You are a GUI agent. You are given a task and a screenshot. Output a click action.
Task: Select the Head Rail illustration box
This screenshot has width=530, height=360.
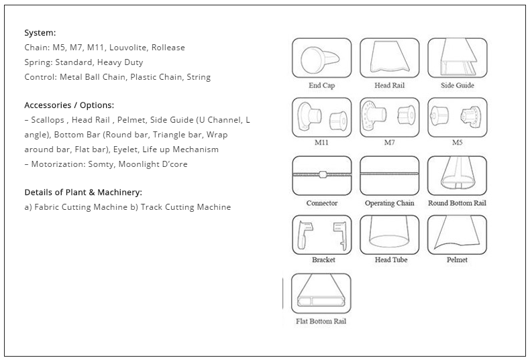[389, 58]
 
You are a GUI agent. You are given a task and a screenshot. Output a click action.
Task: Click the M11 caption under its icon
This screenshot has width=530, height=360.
[321, 143]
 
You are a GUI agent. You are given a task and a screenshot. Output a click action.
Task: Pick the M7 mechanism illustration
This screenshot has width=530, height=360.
[389, 117]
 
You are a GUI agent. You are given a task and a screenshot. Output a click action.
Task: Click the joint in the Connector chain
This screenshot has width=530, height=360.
[323, 174]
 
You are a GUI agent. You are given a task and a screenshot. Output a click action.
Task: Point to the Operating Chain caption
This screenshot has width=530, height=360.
[389, 203]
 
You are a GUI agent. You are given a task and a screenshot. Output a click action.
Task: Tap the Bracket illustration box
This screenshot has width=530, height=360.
[322, 235]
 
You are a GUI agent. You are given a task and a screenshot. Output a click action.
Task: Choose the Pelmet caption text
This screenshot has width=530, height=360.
[457, 259]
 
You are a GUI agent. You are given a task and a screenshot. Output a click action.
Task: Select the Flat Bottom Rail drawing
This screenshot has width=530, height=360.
[321, 294]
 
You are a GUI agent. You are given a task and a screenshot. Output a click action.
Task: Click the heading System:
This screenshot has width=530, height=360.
[40, 33]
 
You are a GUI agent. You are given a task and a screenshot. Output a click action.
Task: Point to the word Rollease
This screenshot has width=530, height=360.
[168, 48]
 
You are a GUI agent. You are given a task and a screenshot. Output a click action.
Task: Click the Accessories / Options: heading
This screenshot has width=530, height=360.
[69, 105]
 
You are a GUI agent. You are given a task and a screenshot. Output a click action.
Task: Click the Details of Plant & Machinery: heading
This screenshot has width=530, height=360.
[83, 192]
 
